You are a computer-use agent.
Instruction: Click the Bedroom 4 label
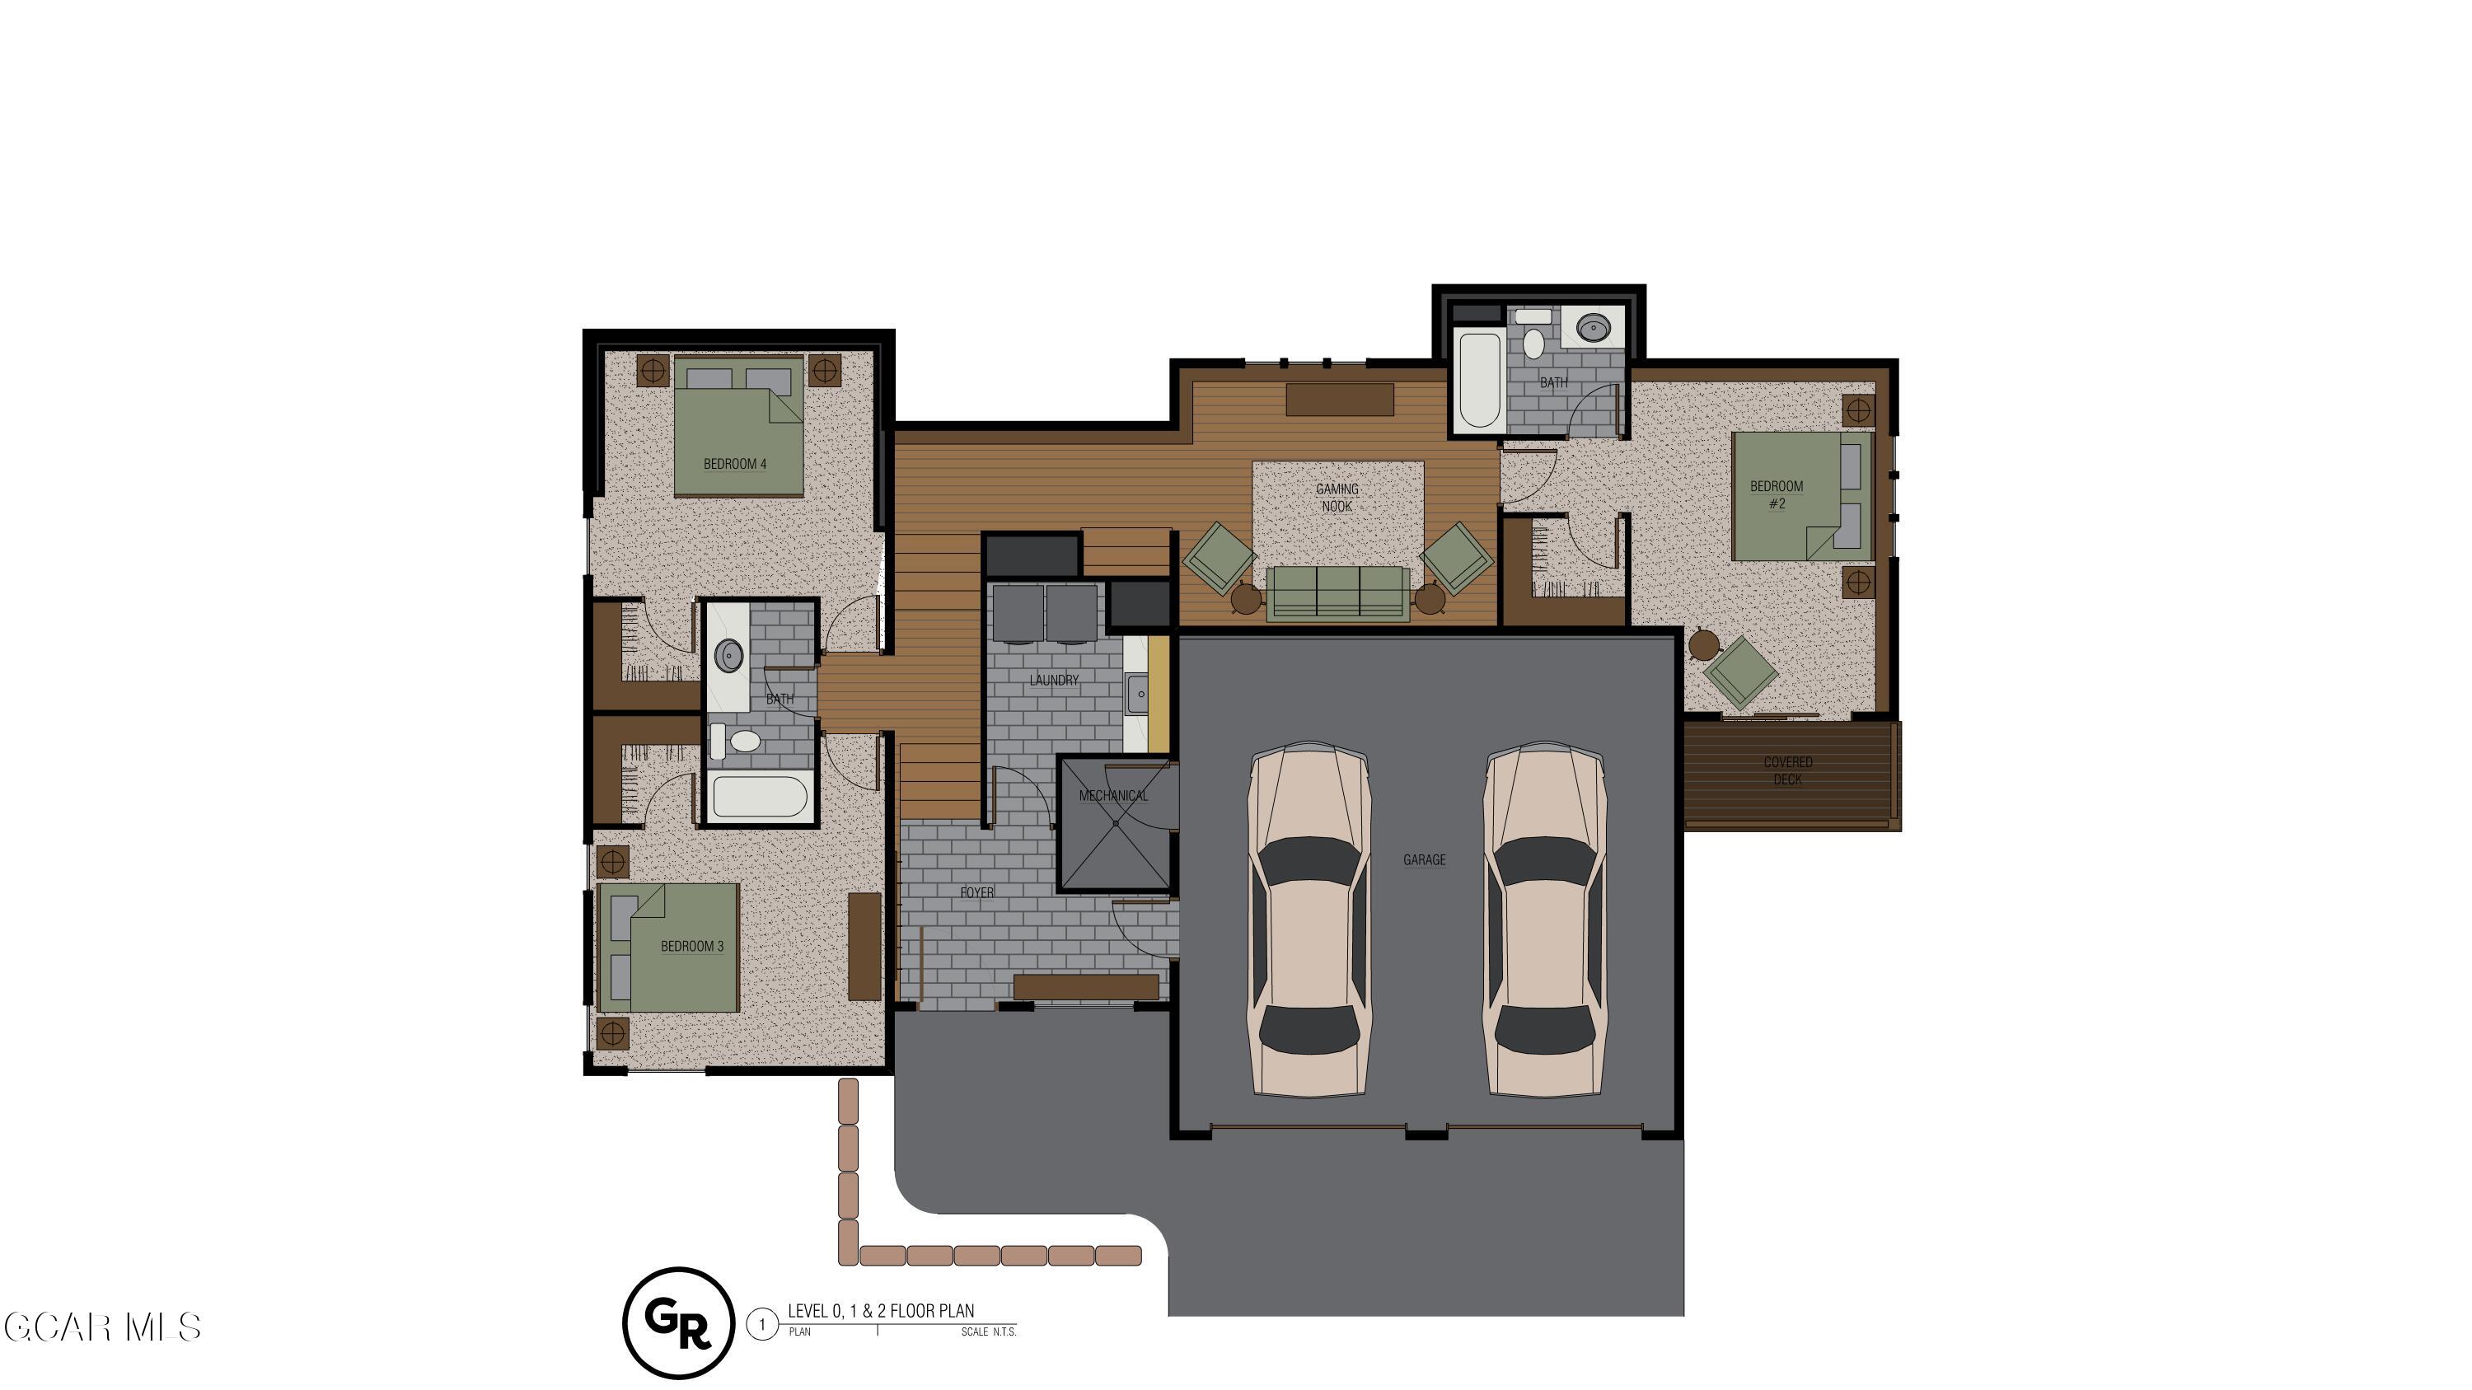coord(735,464)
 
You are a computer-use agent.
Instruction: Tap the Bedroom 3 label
coord(692,947)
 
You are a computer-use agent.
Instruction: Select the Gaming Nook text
coord(1337,498)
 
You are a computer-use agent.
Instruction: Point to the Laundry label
coord(1054,680)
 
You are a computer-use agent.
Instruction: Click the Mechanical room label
coord(1113,795)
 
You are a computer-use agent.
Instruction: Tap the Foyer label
coord(977,892)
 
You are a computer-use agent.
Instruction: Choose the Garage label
coord(1424,859)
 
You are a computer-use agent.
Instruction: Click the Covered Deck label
coord(1788,770)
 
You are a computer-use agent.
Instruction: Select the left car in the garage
coord(1309,918)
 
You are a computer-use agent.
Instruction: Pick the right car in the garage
coord(1545,918)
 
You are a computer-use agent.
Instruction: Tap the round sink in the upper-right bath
coord(1594,328)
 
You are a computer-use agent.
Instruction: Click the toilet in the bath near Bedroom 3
coord(736,740)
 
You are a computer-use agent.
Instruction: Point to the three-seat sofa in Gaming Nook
coord(1337,593)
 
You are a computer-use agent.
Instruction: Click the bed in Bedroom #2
coord(1802,496)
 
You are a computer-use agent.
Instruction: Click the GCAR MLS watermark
coord(103,1327)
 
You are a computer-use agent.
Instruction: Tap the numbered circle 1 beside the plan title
coord(762,1326)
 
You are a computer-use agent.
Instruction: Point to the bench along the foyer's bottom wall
coord(1086,986)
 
